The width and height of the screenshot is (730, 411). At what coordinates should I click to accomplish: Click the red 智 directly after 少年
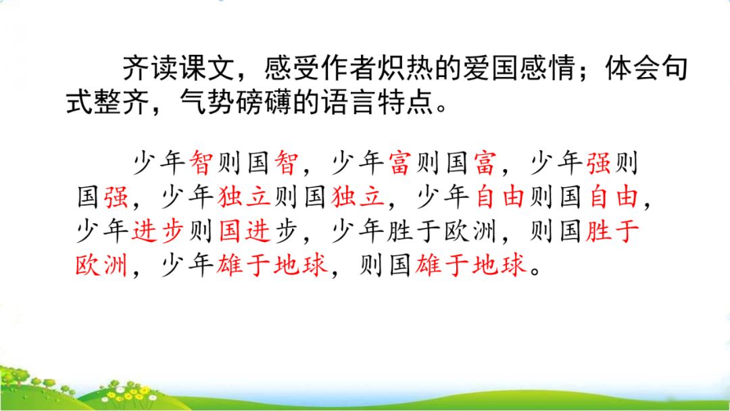[x=201, y=163]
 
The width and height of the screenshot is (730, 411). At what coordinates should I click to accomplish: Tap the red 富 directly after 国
[x=485, y=163]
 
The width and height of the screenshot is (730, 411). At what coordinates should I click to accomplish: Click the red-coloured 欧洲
[x=101, y=265]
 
